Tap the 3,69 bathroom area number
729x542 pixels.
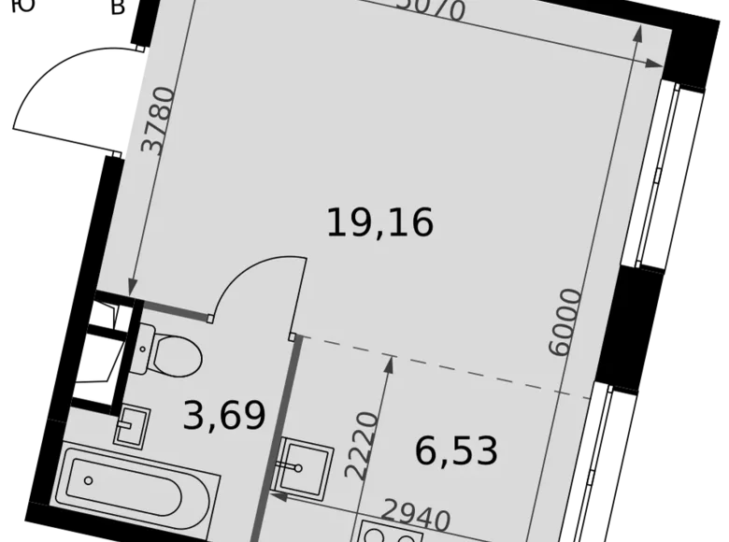point(224,415)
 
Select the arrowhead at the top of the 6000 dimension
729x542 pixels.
point(638,36)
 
